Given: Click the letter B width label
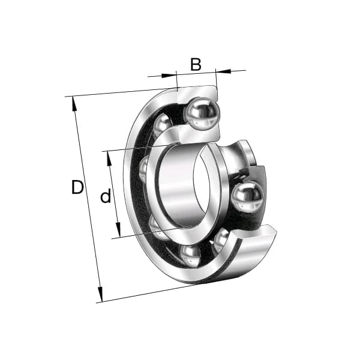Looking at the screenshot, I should point(196,64).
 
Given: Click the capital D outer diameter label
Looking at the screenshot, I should point(77,188).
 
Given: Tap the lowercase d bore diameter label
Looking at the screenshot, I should point(106,196).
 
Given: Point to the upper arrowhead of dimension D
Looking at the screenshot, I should point(75,104).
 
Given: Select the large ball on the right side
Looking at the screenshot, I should point(247,196).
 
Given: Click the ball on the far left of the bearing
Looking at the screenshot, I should point(145,169).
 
